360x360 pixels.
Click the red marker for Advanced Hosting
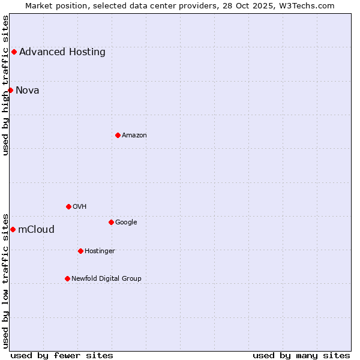14,52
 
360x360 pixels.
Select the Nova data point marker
10,90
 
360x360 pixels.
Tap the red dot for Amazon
118,135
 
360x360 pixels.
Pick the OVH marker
68,206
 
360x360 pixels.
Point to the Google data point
111,222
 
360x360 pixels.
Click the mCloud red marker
13,229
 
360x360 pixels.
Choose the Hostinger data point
80,251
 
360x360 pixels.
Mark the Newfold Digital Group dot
67,278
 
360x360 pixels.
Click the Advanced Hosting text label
62,52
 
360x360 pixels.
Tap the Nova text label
28,91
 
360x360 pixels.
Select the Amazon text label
134,135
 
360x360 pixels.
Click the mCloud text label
36,229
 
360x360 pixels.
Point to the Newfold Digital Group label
106,278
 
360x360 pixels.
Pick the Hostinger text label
100,251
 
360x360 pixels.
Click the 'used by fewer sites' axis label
62,355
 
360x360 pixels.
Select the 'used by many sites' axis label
301,355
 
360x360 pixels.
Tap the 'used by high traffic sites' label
5,85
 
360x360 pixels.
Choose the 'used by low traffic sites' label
5,280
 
